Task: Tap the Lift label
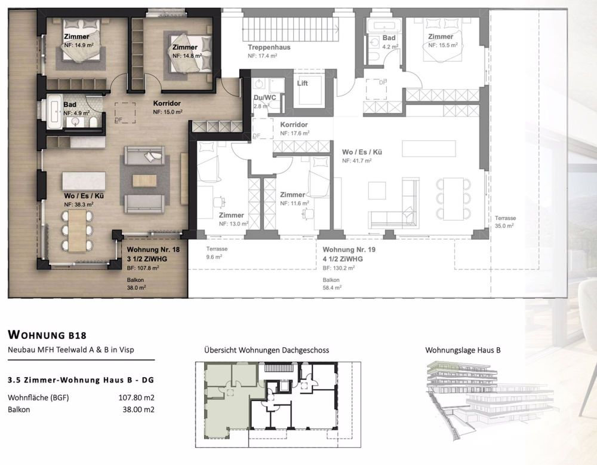pyautogui.click(x=303, y=83)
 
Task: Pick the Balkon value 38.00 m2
pyautogui.click(x=139, y=409)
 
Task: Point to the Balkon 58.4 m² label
pyautogui.click(x=332, y=283)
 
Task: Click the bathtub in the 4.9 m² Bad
pyautogui.click(x=51, y=111)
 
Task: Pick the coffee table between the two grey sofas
pyautogui.click(x=144, y=179)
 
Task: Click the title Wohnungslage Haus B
pyautogui.click(x=463, y=350)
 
